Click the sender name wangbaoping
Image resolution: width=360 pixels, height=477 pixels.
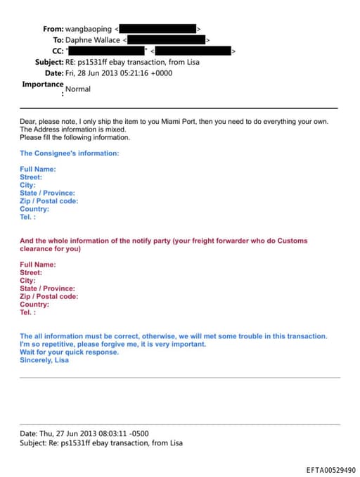(x=88, y=29)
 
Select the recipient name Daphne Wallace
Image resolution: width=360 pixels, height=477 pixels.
(x=97, y=40)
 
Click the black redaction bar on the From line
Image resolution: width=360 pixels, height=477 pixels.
(x=157, y=29)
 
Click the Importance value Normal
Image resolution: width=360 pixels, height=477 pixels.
(x=78, y=89)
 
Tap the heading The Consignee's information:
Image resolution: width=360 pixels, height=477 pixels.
(x=69, y=153)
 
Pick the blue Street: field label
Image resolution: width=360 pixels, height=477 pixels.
(x=31, y=177)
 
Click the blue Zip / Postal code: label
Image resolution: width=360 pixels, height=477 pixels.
(x=49, y=201)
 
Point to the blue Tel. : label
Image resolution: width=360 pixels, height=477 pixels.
(x=27, y=217)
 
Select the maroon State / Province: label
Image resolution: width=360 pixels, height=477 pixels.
(x=47, y=288)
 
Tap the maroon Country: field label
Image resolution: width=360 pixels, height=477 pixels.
(x=34, y=305)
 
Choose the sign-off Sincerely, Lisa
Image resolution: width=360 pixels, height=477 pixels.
(x=44, y=360)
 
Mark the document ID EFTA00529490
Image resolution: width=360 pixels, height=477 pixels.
(x=330, y=470)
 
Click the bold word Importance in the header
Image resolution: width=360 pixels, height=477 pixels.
(x=42, y=84)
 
